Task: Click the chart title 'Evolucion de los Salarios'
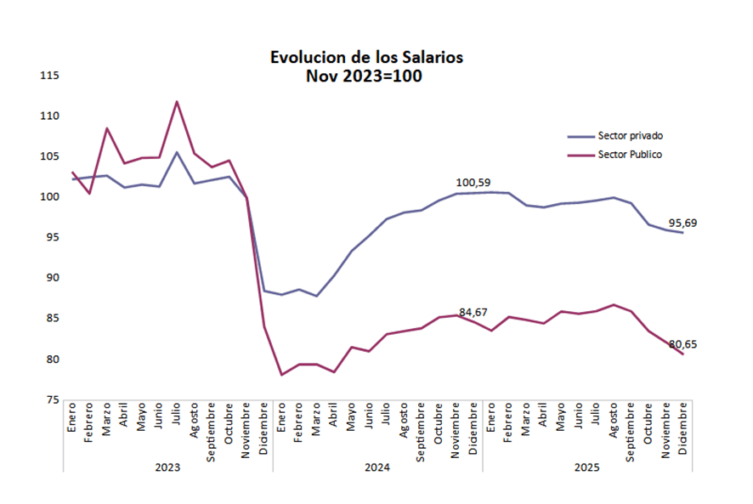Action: point(366,58)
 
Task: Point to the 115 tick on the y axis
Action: point(49,76)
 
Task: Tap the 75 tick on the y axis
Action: point(52,399)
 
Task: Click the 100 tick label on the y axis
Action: point(49,197)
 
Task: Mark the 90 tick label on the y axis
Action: point(52,278)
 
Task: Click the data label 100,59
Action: point(473,182)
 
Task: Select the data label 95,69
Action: point(693,223)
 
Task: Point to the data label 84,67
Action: point(476,312)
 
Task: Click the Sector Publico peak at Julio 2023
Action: point(177,102)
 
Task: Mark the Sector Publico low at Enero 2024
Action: point(281,374)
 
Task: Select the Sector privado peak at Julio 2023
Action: point(177,152)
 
